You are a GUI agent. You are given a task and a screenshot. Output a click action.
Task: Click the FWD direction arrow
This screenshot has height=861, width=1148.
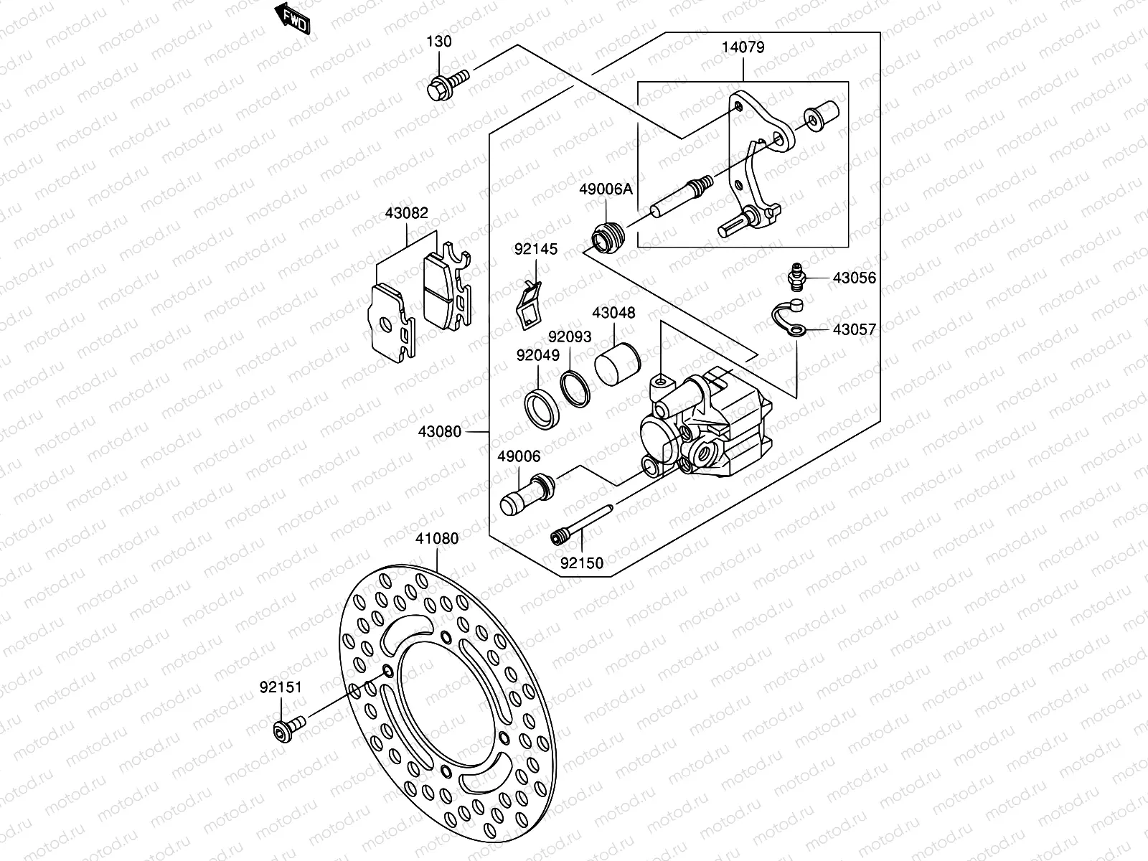293,19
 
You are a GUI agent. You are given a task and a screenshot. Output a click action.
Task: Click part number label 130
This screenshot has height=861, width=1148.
440,42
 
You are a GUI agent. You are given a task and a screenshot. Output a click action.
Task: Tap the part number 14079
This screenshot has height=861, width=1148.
743,48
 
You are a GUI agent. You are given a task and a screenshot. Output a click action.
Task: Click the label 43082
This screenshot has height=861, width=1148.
406,213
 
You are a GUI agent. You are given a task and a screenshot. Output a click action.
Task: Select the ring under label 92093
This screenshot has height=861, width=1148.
574,388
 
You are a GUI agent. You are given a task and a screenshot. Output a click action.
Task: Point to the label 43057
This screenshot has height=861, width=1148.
855,330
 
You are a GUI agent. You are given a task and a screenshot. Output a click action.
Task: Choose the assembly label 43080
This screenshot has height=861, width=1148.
439,433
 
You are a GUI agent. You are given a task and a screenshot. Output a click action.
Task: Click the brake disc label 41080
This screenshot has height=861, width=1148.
437,538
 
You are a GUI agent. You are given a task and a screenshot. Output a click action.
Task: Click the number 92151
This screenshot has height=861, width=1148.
281,687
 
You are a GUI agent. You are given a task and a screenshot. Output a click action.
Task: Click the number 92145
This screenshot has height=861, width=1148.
535,250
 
